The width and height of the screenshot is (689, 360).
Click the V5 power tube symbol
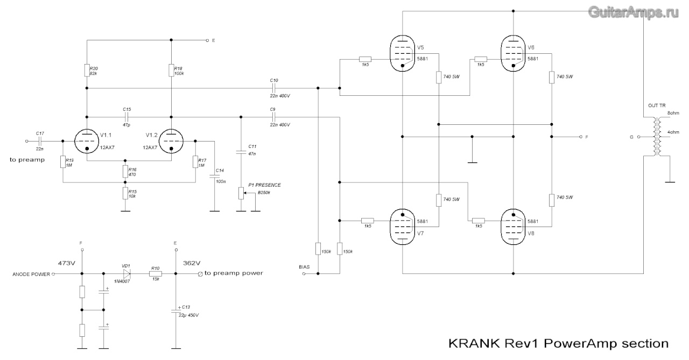403,54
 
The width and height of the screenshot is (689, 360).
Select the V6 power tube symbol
514,54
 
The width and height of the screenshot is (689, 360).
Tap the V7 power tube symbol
403,225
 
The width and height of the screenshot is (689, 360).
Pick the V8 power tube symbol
514,225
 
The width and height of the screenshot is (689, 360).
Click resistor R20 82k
87,70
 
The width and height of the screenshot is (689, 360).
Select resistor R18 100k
171,70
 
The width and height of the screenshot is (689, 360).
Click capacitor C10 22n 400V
273,88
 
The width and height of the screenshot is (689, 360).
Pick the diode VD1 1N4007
126,274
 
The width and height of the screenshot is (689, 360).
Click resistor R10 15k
156,274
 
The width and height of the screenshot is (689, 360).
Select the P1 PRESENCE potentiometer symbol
241,193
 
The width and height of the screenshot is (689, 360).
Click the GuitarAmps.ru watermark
633,12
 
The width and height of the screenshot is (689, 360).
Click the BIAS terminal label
305,267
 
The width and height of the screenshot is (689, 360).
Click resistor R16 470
125,171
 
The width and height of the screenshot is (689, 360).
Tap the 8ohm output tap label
674,114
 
